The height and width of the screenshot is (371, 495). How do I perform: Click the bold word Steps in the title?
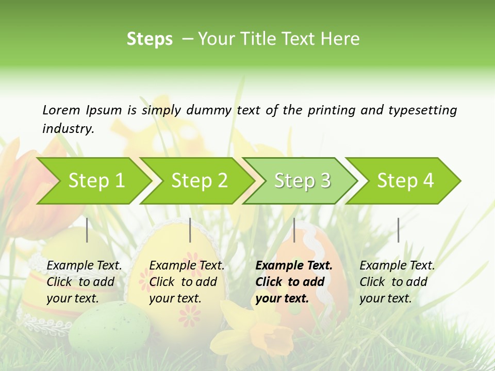pos(150,39)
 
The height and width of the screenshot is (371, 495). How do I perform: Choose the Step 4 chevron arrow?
pos(405,181)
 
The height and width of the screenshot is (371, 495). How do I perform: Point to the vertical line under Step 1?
pos(87,230)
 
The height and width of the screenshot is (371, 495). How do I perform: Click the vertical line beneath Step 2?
pos(190,230)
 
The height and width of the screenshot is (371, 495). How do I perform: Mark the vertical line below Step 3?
pos(294,230)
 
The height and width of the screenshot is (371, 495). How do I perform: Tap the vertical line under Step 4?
pos(398,230)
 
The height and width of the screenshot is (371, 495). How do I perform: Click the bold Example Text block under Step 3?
pos(294,282)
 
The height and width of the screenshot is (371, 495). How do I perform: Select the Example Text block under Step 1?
pos(84,282)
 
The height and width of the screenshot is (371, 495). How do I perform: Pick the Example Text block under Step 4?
pos(397,282)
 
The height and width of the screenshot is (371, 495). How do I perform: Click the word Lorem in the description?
pos(61,110)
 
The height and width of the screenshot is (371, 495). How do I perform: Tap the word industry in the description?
pos(68,128)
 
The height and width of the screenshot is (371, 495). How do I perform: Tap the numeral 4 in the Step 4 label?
pos(428,181)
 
